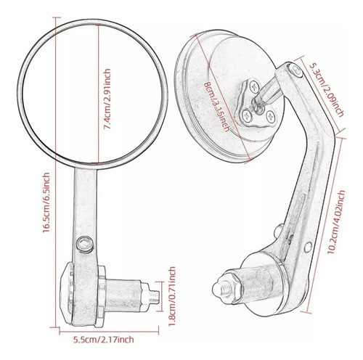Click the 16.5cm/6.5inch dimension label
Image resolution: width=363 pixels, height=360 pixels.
point(46,202)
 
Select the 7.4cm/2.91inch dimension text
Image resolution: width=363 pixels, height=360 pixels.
point(107,99)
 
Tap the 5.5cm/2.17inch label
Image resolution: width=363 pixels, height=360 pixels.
point(104,340)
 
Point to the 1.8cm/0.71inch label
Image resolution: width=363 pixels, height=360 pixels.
point(172,296)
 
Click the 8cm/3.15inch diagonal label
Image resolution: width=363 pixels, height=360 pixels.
point(216,107)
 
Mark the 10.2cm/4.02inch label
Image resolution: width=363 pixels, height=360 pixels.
point(336,221)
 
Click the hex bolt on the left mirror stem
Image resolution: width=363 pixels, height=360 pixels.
point(85,245)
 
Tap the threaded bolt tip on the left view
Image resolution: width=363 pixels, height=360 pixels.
point(154,297)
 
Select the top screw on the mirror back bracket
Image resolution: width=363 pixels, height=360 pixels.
point(254,86)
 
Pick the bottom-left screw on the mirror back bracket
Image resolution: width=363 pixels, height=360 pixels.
point(247,116)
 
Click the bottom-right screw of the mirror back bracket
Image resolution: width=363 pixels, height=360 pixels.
point(271,116)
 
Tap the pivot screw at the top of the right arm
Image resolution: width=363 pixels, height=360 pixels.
point(295,70)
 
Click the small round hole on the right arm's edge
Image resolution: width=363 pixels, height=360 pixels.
point(308,247)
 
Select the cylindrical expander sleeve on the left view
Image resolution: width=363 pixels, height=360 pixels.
point(123,295)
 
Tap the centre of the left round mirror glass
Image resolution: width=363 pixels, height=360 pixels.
point(92,94)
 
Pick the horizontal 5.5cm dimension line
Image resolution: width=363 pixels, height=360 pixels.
point(109,332)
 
